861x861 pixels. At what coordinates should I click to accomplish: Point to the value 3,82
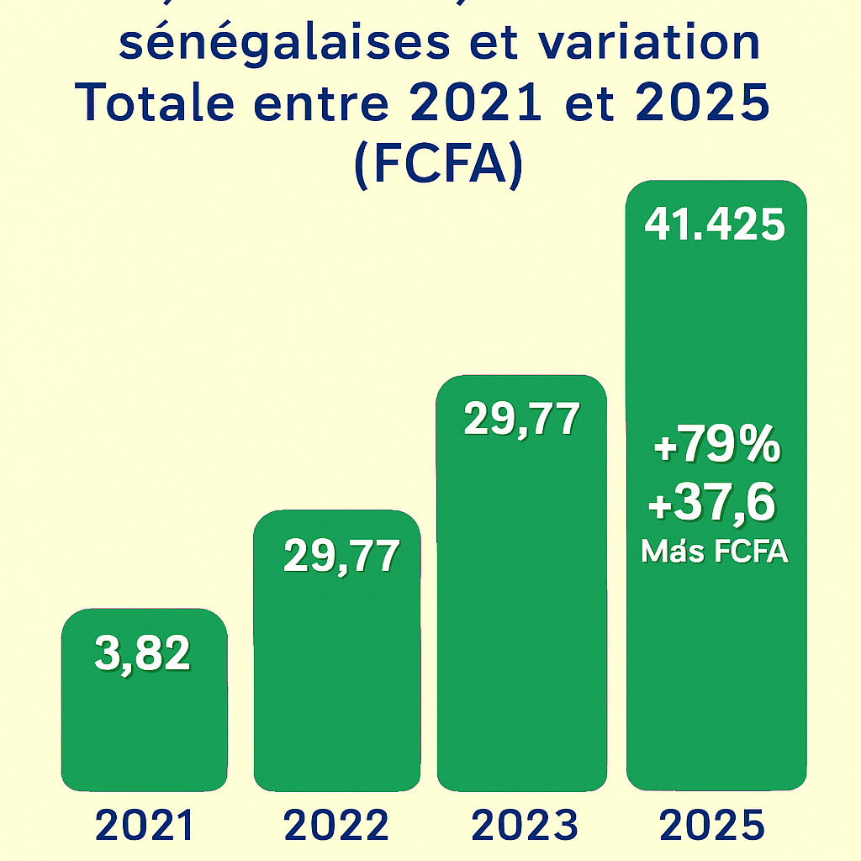[143, 653]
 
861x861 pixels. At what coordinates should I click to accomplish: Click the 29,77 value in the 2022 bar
[341, 556]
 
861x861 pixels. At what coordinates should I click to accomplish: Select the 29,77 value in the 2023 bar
[521, 420]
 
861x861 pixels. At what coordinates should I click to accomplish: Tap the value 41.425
[715, 225]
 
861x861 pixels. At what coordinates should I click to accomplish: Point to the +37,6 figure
[711, 505]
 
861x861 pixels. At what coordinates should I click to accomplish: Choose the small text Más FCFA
[714, 552]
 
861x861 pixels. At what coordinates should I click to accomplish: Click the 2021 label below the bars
[145, 826]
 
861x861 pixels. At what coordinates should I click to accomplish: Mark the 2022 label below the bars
[336, 826]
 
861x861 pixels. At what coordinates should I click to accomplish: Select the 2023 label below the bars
[525, 826]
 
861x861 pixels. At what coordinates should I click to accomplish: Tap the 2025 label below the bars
[712, 826]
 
